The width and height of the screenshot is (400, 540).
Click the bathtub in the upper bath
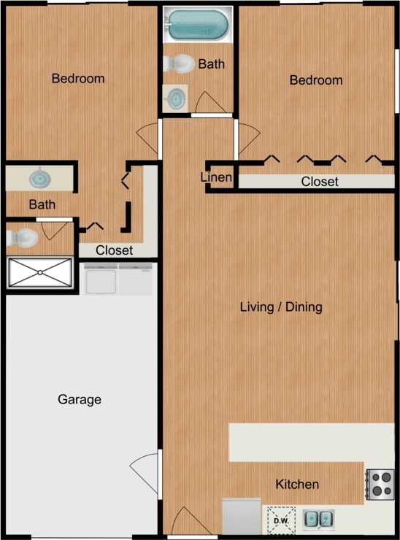point(196,25)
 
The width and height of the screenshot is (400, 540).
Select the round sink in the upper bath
point(175,99)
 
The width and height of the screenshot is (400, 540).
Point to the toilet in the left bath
point(23,238)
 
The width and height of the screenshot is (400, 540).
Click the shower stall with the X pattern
point(40,272)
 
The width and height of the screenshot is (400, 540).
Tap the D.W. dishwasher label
point(281,520)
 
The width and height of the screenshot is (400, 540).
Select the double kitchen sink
point(318,519)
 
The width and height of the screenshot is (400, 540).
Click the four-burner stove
point(380,483)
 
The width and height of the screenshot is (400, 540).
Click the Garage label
point(79,400)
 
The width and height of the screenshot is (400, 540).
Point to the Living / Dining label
point(281,306)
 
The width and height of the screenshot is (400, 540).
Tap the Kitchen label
point(297,485)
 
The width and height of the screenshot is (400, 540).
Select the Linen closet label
point(217,178)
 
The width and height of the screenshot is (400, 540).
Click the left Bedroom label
point(78,78)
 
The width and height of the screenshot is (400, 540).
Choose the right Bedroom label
point(316,80)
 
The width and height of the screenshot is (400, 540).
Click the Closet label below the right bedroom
point(320,182)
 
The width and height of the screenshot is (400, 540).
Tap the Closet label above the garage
point(114,250)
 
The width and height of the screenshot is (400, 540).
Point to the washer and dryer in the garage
point(119,279)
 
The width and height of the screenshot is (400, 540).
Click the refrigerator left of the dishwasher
point(242,517)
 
